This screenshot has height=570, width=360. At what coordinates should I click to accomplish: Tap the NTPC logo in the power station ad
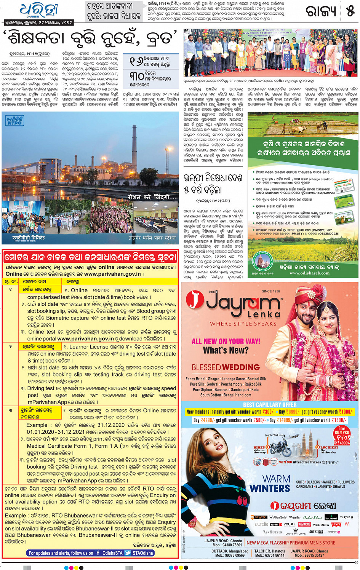[15, 121]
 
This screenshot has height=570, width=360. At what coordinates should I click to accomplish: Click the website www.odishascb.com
[309, 273]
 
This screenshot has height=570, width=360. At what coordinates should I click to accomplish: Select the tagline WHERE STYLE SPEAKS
[243, 324]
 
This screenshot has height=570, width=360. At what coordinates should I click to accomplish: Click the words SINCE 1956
[271, 291]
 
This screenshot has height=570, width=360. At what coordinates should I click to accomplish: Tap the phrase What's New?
[226, 350]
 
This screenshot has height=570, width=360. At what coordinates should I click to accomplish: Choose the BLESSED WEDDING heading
[226, 367]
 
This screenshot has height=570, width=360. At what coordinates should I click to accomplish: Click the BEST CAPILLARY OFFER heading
[270, 405]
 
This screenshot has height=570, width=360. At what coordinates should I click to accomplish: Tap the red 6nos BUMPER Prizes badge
[342, 435]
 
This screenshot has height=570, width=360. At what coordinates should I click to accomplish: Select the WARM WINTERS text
[270, 484]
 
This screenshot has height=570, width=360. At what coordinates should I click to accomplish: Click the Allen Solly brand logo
[278, 517]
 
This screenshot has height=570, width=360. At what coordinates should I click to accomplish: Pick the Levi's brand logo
[336, 524]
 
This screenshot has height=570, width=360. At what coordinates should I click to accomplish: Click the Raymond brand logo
[304, 524]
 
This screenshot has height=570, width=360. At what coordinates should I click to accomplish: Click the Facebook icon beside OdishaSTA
[98, 553]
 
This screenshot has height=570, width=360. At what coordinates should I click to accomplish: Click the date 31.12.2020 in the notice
[110, 425]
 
